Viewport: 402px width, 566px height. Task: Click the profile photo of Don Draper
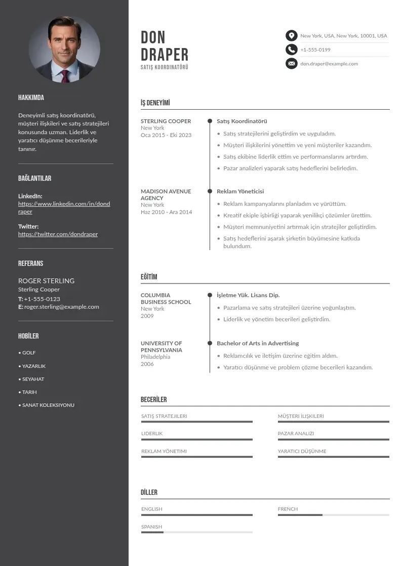click(64, 50)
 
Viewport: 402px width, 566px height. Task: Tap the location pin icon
click(291, 36)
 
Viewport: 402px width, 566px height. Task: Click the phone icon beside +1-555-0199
click(291, 50)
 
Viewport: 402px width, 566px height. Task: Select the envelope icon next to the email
click(291, 64)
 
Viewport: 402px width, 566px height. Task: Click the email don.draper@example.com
click(329, 64)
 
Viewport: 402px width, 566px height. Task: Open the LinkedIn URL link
click(64, 208)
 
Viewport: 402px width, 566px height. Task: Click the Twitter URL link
click(58, 234)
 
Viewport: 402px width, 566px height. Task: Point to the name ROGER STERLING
click(46, 281)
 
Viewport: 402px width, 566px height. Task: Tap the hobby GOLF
click(29, 353)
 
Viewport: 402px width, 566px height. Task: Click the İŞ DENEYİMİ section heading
click(155, 103)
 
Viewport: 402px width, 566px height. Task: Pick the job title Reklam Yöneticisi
click(240, 192)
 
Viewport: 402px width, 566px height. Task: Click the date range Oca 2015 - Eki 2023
click(166, 135)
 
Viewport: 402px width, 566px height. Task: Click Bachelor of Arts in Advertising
click(258, 344)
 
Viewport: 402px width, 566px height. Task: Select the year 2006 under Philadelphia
click(147, 364)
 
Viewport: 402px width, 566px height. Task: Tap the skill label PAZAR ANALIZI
click(296, 434)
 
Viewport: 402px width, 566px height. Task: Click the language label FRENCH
click(288, 509)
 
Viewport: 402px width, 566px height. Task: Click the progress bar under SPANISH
click(196, 532)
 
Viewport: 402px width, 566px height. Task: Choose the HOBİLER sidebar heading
click(28, 336)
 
